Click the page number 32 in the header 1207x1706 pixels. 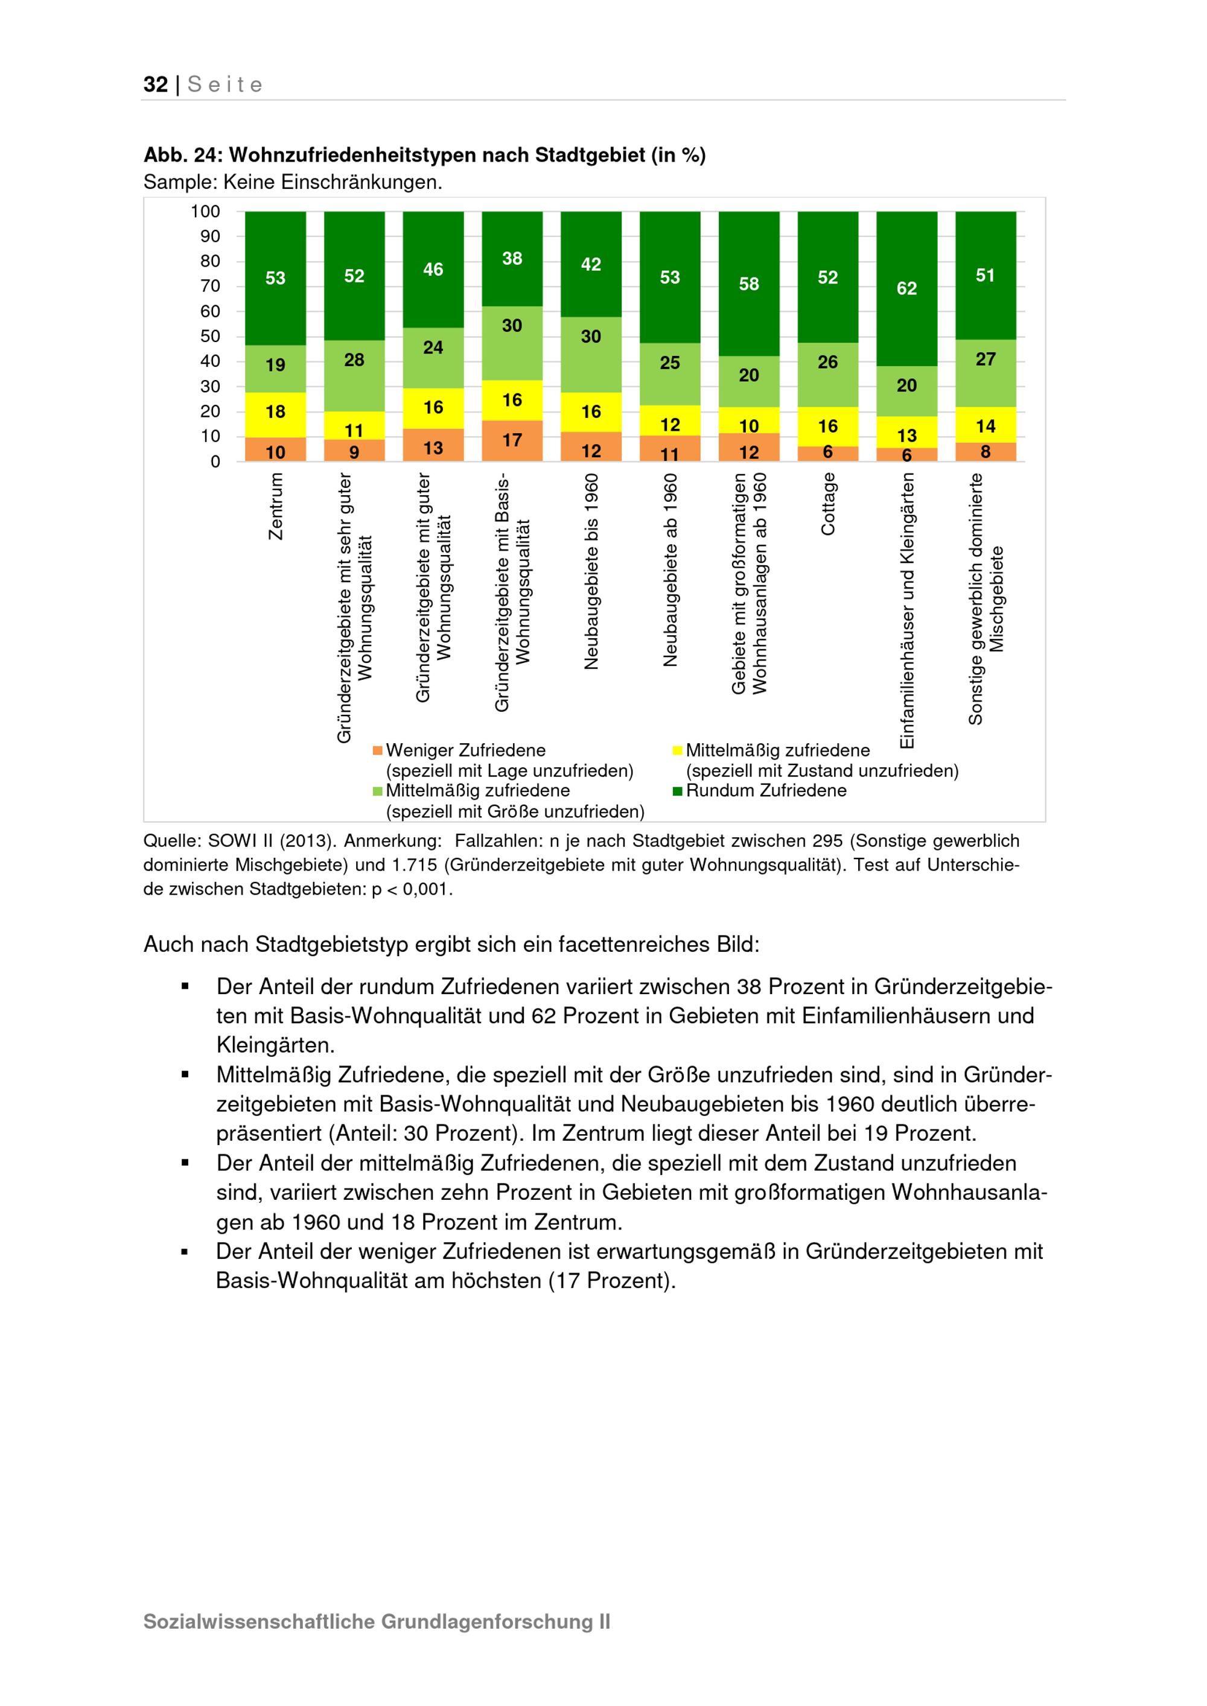tap(155, 84)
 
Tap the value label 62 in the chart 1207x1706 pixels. tap(906, 288)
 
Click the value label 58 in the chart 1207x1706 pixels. tap(748, 284)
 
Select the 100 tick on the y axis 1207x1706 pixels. tap(205, 212)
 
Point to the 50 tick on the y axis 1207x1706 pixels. tap(211, 337)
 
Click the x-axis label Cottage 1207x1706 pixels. tap(828, 504)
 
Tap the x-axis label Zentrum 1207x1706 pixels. tap(276, 507)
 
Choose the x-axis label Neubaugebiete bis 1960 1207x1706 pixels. tap(591, 572)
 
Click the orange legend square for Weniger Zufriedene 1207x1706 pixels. tap(378, 750)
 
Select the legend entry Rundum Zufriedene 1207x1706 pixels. tap(765, 791)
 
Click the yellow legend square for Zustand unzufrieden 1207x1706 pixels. tap(677, 750)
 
